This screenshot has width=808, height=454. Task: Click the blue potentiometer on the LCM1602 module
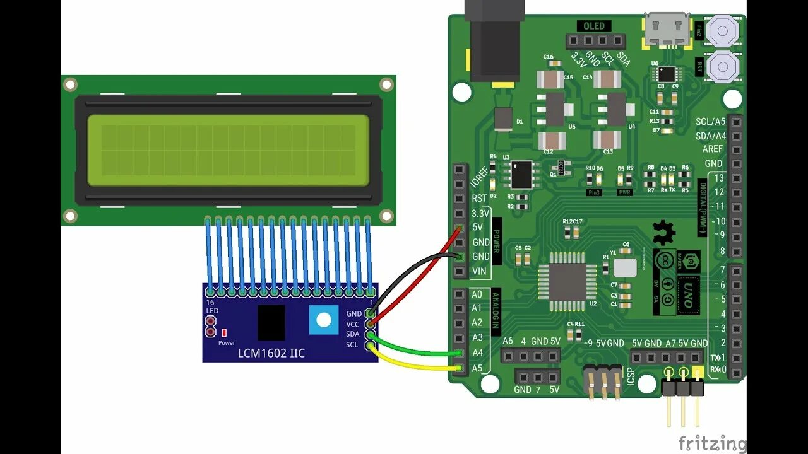323,320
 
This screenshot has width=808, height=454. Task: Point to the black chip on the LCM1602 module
271,322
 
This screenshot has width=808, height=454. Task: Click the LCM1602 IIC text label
271,353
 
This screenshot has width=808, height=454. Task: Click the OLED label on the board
593,26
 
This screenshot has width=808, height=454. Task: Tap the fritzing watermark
711,443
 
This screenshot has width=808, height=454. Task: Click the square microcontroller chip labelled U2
567,281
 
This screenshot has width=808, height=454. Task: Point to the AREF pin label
713,149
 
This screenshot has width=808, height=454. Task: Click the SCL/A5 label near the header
710,122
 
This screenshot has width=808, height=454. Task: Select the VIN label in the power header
480,271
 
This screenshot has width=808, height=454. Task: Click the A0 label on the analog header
477,294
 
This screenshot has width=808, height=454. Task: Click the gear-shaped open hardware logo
663,233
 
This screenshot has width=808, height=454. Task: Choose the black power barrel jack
495,41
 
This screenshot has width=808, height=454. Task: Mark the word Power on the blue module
227,343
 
